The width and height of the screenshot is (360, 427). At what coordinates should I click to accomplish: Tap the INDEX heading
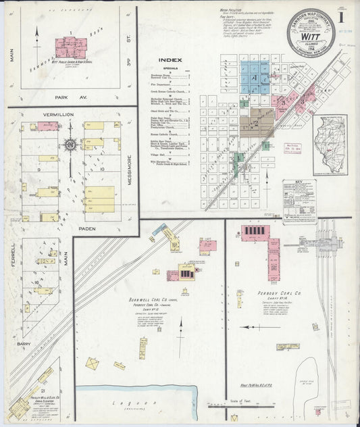[x=168, y=59]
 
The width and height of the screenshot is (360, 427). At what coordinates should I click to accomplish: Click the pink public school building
[x=71, y=47]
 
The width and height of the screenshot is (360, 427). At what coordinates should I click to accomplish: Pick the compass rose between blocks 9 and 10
[x=70, y=144]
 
